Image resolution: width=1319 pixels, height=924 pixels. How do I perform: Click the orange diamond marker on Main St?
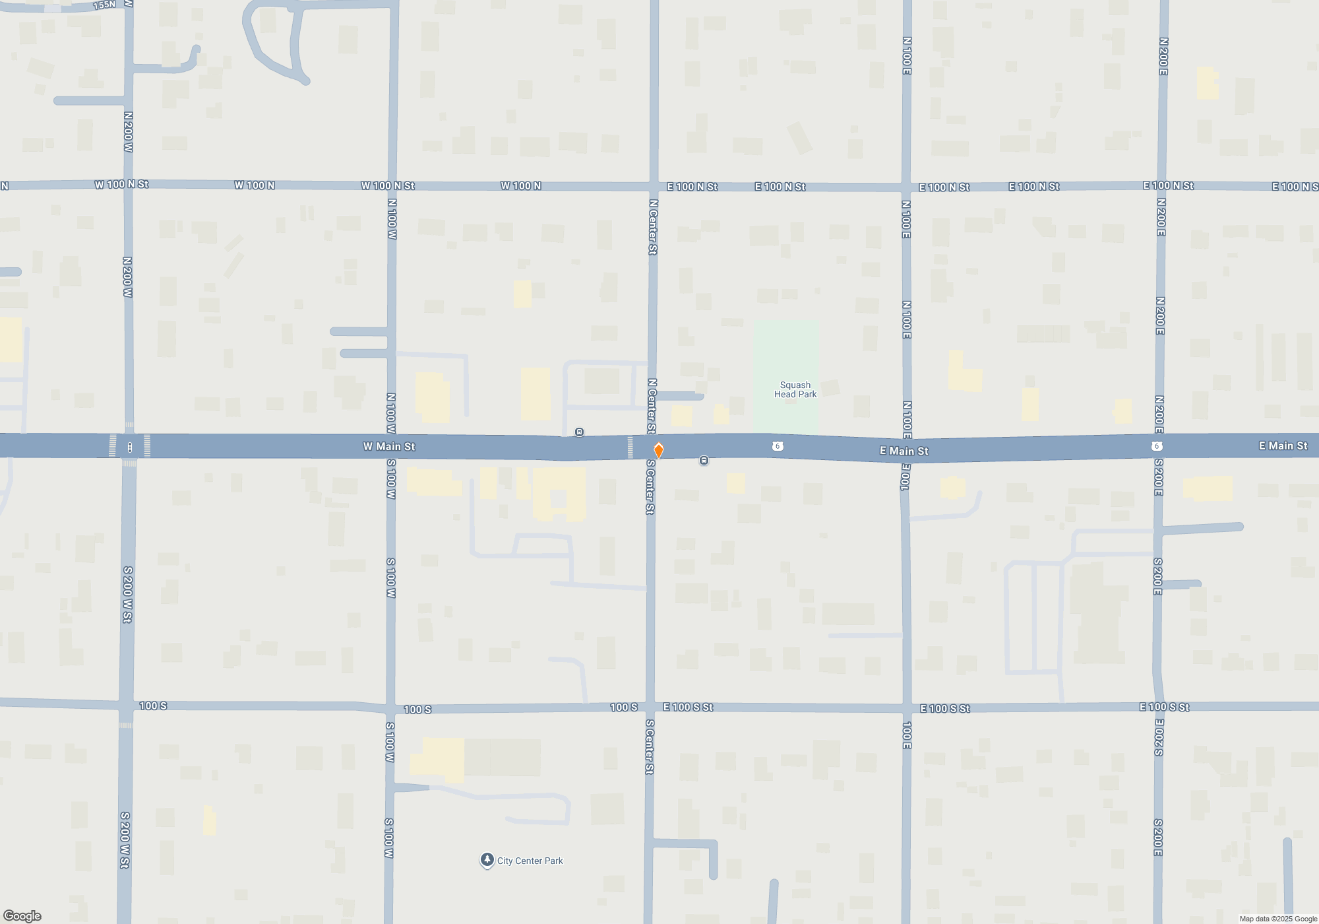point(658,450)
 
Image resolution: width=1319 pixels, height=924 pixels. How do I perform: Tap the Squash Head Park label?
point(795,389)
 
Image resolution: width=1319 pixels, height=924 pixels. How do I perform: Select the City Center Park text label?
point(530,861)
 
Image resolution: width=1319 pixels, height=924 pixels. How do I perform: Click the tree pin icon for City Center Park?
point(487,859)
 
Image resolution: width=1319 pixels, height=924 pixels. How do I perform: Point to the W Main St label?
point(389,447)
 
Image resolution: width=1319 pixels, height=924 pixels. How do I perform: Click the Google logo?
point(22,915)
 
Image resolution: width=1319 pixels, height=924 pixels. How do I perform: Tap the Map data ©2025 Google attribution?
point(1277,919)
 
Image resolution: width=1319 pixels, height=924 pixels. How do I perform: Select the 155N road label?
point(104,5)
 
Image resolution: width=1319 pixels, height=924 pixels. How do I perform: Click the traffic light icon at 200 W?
point(130,447)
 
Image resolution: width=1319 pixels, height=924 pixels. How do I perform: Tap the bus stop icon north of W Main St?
point(579,432)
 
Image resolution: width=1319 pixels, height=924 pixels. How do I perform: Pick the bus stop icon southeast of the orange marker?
point(704,461)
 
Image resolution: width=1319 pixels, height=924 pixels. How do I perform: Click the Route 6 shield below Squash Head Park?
point(778,446)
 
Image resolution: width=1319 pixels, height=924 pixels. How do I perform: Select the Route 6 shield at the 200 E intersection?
point(1156,446)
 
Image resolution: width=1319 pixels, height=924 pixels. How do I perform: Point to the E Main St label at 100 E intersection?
point(904,451)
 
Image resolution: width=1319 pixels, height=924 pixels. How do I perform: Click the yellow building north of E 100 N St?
point(1207,83)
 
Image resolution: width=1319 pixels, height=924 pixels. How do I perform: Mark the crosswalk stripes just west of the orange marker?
point(630,447)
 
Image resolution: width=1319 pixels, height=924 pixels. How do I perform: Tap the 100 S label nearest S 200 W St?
point(153,706)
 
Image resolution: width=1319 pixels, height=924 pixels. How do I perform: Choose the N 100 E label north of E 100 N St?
point(907,55)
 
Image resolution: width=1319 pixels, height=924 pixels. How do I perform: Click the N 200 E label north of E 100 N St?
point(1163,56)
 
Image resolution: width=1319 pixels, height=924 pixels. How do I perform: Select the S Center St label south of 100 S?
point(650,746)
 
